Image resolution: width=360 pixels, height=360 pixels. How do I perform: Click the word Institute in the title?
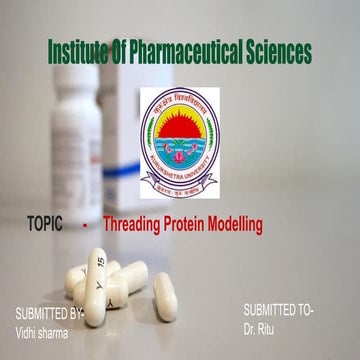pyautogui.click(x=83, y=51)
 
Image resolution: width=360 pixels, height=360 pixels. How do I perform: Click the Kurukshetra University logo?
pyautogui.click(x=177, y=129)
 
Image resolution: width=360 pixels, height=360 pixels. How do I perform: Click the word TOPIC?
pyautogui.click(x=46, y=225)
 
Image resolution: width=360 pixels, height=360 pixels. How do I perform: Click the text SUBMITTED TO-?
pyautogui.click(x=278, y=311)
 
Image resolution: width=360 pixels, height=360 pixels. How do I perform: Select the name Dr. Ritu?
pyautogui.click(x=262, y=328)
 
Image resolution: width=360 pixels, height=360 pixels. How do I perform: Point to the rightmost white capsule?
pyautogui.click(x=165, y=296)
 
